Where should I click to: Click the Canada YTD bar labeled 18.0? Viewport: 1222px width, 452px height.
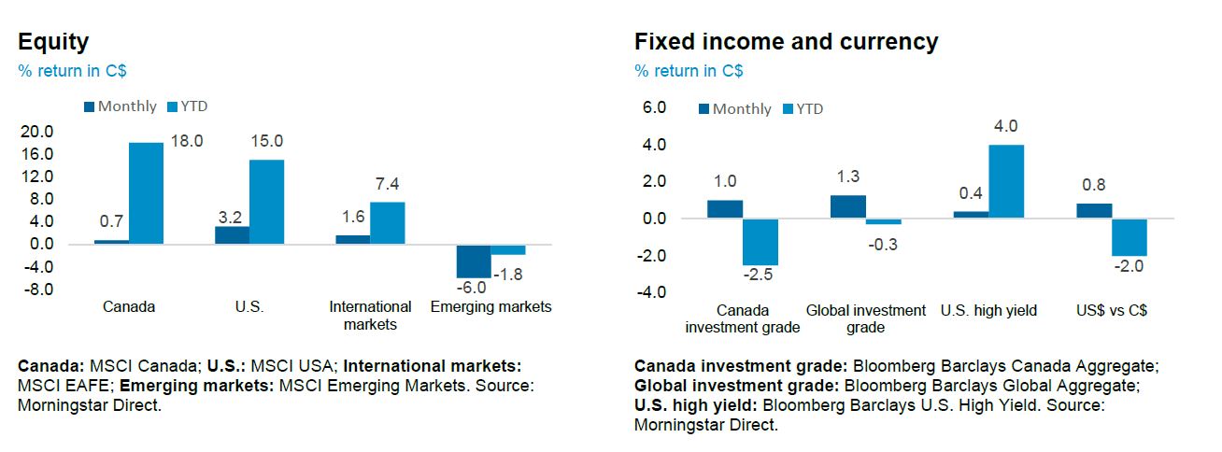146,193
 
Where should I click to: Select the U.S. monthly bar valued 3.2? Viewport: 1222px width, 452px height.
232,234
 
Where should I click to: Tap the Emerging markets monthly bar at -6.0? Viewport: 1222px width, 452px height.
473,261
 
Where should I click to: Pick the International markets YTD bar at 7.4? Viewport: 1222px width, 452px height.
388,223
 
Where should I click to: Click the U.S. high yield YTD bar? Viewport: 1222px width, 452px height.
1006,182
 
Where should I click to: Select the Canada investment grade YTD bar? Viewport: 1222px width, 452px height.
760,242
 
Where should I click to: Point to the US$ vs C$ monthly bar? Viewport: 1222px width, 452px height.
1094,211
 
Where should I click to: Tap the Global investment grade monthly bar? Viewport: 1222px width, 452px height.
847,206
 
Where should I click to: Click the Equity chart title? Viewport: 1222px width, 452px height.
53,42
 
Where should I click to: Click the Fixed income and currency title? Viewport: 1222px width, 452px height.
786,42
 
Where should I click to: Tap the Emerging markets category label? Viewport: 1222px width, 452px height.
490,306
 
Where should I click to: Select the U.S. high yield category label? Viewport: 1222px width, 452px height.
988,310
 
